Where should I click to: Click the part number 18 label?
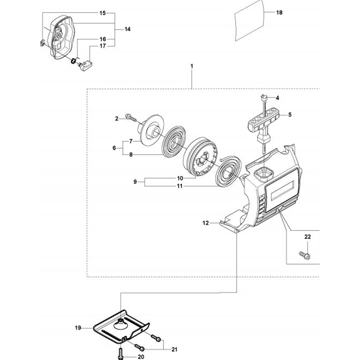coord(279,13)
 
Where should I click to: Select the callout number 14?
coord(127,30)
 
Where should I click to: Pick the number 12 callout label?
coord(206,223)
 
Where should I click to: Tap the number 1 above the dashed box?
coord(192,66)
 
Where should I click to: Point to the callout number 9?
coord(135,182)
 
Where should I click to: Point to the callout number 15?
coord(103,13)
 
